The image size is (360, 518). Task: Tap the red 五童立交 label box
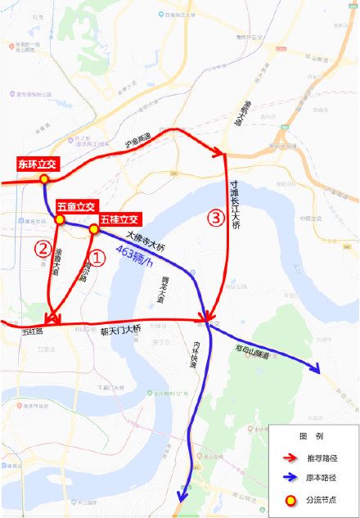77,206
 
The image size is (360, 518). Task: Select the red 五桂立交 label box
119,219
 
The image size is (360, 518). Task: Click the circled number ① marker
97,259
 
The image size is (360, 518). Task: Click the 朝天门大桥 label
120,331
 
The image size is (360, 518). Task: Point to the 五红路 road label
31,331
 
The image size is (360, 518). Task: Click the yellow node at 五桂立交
94,230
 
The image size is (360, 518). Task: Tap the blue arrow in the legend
289,476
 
